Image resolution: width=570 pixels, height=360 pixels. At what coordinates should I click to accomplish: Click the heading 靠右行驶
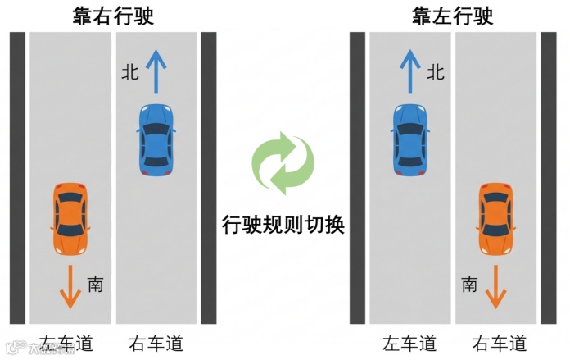(x=113, y=16)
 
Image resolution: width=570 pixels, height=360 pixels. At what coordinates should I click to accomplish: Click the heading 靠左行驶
(x=454, y=16)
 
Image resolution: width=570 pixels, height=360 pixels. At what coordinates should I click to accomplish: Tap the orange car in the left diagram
(x=70, y=219)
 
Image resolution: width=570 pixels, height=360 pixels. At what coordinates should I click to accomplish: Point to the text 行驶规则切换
(x=283, y=225)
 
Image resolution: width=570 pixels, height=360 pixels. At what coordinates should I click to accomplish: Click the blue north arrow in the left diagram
(x=155, y=70)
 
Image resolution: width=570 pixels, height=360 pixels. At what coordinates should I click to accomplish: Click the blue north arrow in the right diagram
(x=410, y=70)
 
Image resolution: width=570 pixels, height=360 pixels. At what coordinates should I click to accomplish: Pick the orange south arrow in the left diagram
(x=70, y=286)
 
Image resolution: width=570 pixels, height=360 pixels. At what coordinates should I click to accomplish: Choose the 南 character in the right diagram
(x=469, y=285)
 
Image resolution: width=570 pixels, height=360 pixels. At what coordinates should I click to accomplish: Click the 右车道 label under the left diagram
(x=155, y=343)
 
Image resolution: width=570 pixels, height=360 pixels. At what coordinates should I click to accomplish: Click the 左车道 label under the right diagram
(x=409, y=343)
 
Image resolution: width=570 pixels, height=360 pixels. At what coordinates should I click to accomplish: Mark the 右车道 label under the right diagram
(x=499, y=343)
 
